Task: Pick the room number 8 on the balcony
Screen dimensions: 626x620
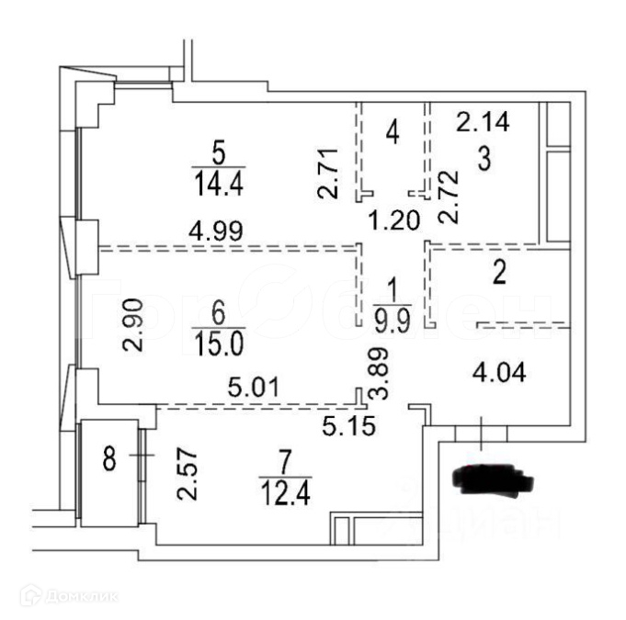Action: (109, 458)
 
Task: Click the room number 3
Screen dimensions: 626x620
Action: (483, 159)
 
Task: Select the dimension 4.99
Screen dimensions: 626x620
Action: (218, 230)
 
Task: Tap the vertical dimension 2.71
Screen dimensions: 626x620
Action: (330, 173)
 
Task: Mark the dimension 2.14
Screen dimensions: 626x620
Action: (484, 119)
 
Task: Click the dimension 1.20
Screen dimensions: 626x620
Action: (395, 220)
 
